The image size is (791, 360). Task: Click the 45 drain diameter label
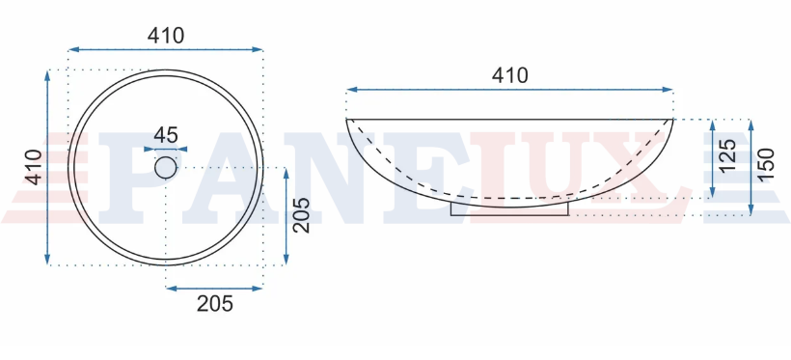tap(166, 135)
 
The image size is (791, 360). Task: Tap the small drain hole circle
tap(166, 168)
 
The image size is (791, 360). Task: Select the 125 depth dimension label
tap(727, 155)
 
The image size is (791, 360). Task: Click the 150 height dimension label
tap(765, 165)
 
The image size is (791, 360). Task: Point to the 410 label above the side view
tap(509, 75)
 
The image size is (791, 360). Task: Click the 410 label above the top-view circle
tap(166, 36)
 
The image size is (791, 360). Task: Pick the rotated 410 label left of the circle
tap(34, 167)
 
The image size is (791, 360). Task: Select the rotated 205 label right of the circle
tap(302, 214)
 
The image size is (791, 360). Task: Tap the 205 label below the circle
tap(215, 304)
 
